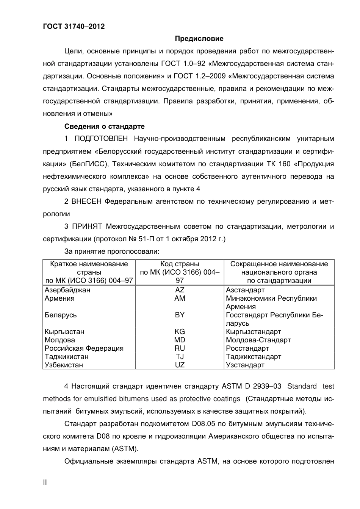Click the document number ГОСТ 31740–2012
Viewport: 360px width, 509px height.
[74, 26]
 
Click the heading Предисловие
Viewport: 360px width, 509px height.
[199, 39]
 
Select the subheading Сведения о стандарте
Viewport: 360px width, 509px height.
[104, 126]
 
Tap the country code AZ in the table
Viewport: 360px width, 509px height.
[180, 290]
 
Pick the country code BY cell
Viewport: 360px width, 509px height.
[180, 315]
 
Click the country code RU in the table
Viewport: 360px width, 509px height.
[180, 348]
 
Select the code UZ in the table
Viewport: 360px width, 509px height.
[180, 365]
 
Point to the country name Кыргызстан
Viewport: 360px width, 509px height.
[64, 332]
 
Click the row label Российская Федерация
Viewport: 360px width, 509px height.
[84, 348]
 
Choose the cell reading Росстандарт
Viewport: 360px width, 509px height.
[247, 348]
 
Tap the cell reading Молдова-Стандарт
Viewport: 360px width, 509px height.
[258, 340]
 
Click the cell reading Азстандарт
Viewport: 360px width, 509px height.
[245, 290]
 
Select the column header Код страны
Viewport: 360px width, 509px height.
[180, 264]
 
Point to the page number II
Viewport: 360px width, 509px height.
[45, 482]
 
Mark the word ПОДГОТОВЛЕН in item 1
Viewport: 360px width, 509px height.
[101, 139]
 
